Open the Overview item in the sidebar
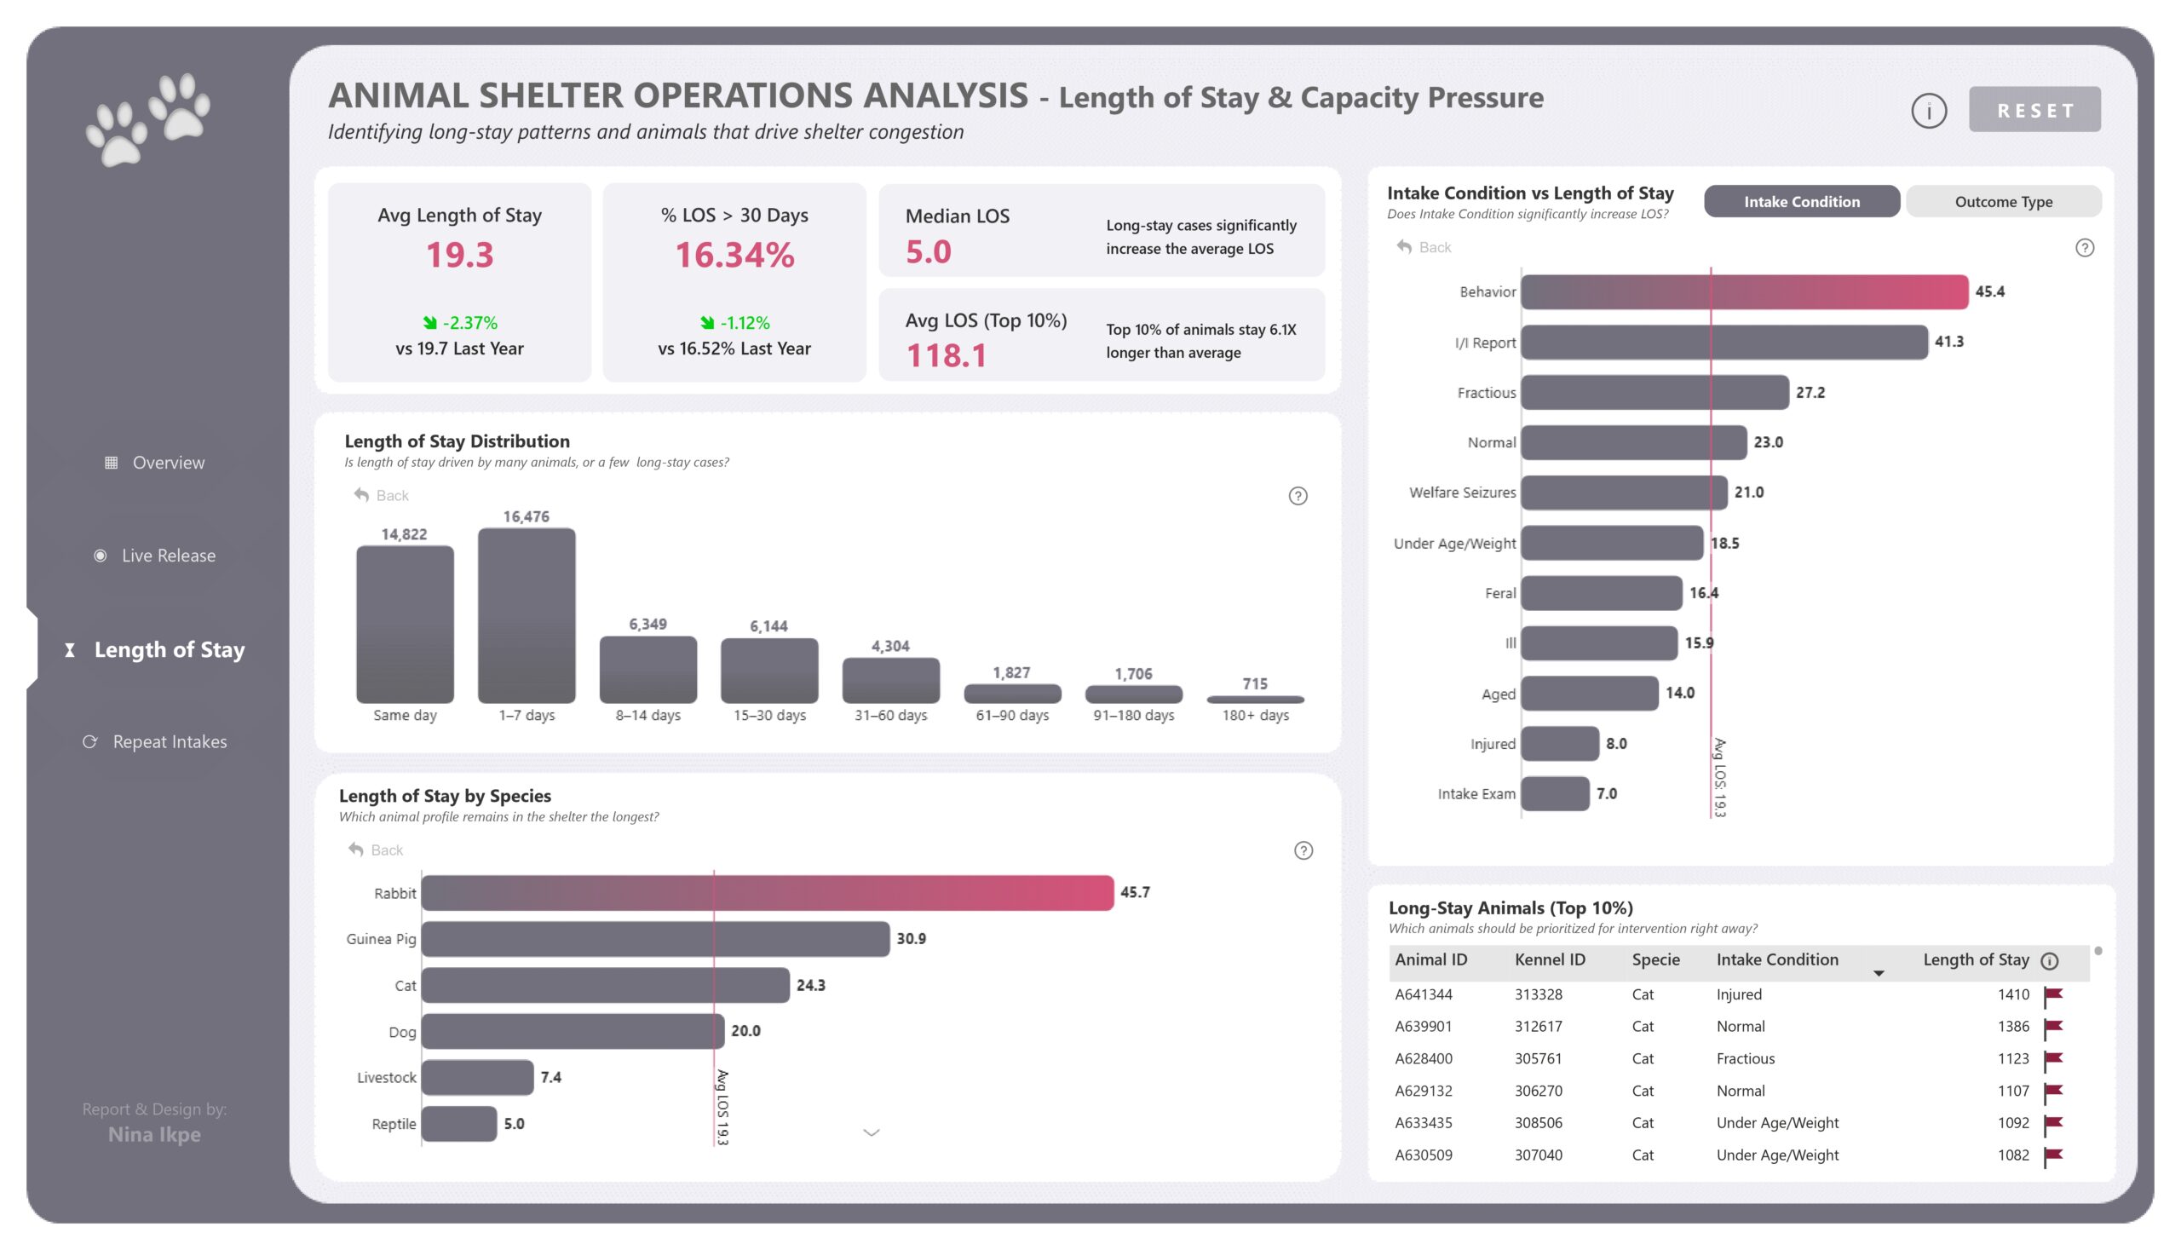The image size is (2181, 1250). (x=167, y=463)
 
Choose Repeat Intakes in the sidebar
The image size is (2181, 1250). (x=169, y=742)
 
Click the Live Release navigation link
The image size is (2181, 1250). (x=167, y=556)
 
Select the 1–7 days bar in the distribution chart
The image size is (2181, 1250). (x=527, y=615)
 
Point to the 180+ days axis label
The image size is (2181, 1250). (x=1254, y=715)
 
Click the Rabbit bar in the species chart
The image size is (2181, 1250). (x=767, y=893)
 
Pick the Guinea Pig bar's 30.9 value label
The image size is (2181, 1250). (x=911, y=939)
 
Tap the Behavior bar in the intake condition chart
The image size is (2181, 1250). (x=1743, y=292)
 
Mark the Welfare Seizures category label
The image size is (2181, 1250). (x=1462, y=493)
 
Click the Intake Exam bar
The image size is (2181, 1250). (x=1555, y=794)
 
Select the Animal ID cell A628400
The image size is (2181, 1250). (x=1423, y=1058)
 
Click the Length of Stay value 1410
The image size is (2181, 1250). (x=2012, y=995)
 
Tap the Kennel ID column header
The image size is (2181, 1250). (x=1549, y=959)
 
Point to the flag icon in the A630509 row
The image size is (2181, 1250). (x=2052, y=1155)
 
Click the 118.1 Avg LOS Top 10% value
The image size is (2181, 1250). (x=946, y=355)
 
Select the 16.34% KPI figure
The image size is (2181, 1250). (x=734, y=255)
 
